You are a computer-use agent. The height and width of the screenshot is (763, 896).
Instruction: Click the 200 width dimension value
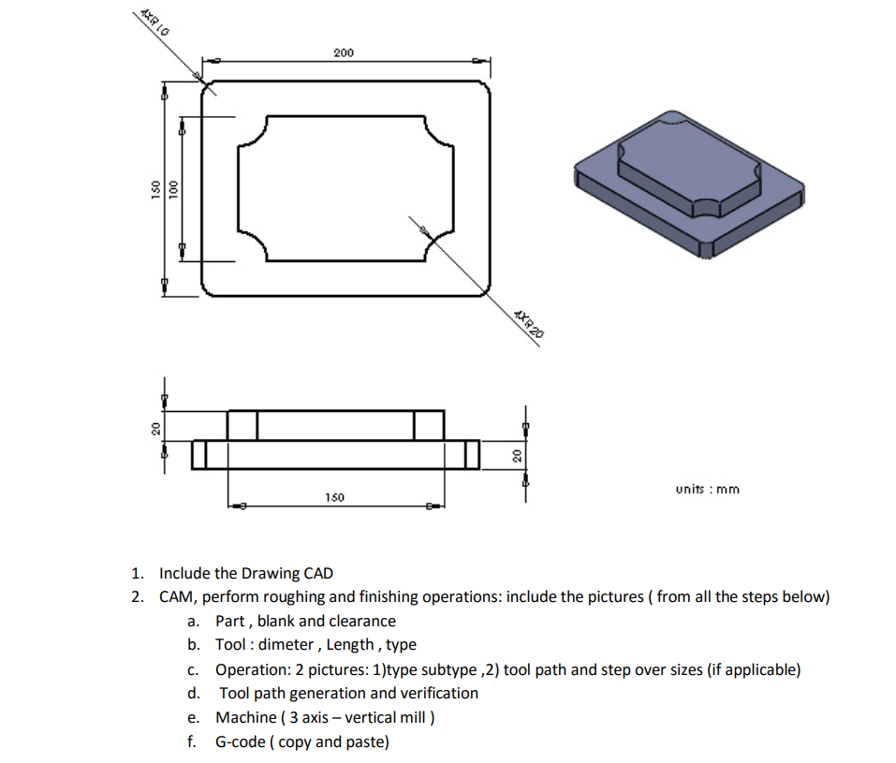344,52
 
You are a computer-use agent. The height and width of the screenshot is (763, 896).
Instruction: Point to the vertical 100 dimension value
172,188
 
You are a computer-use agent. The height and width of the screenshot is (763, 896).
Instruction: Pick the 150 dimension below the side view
333,496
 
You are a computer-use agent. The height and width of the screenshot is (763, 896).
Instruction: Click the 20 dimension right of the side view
515,454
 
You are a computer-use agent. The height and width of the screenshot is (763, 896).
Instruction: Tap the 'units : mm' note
707,489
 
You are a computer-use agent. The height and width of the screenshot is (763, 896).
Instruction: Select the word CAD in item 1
316,573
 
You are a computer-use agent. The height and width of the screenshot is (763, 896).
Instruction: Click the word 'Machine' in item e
245,717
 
